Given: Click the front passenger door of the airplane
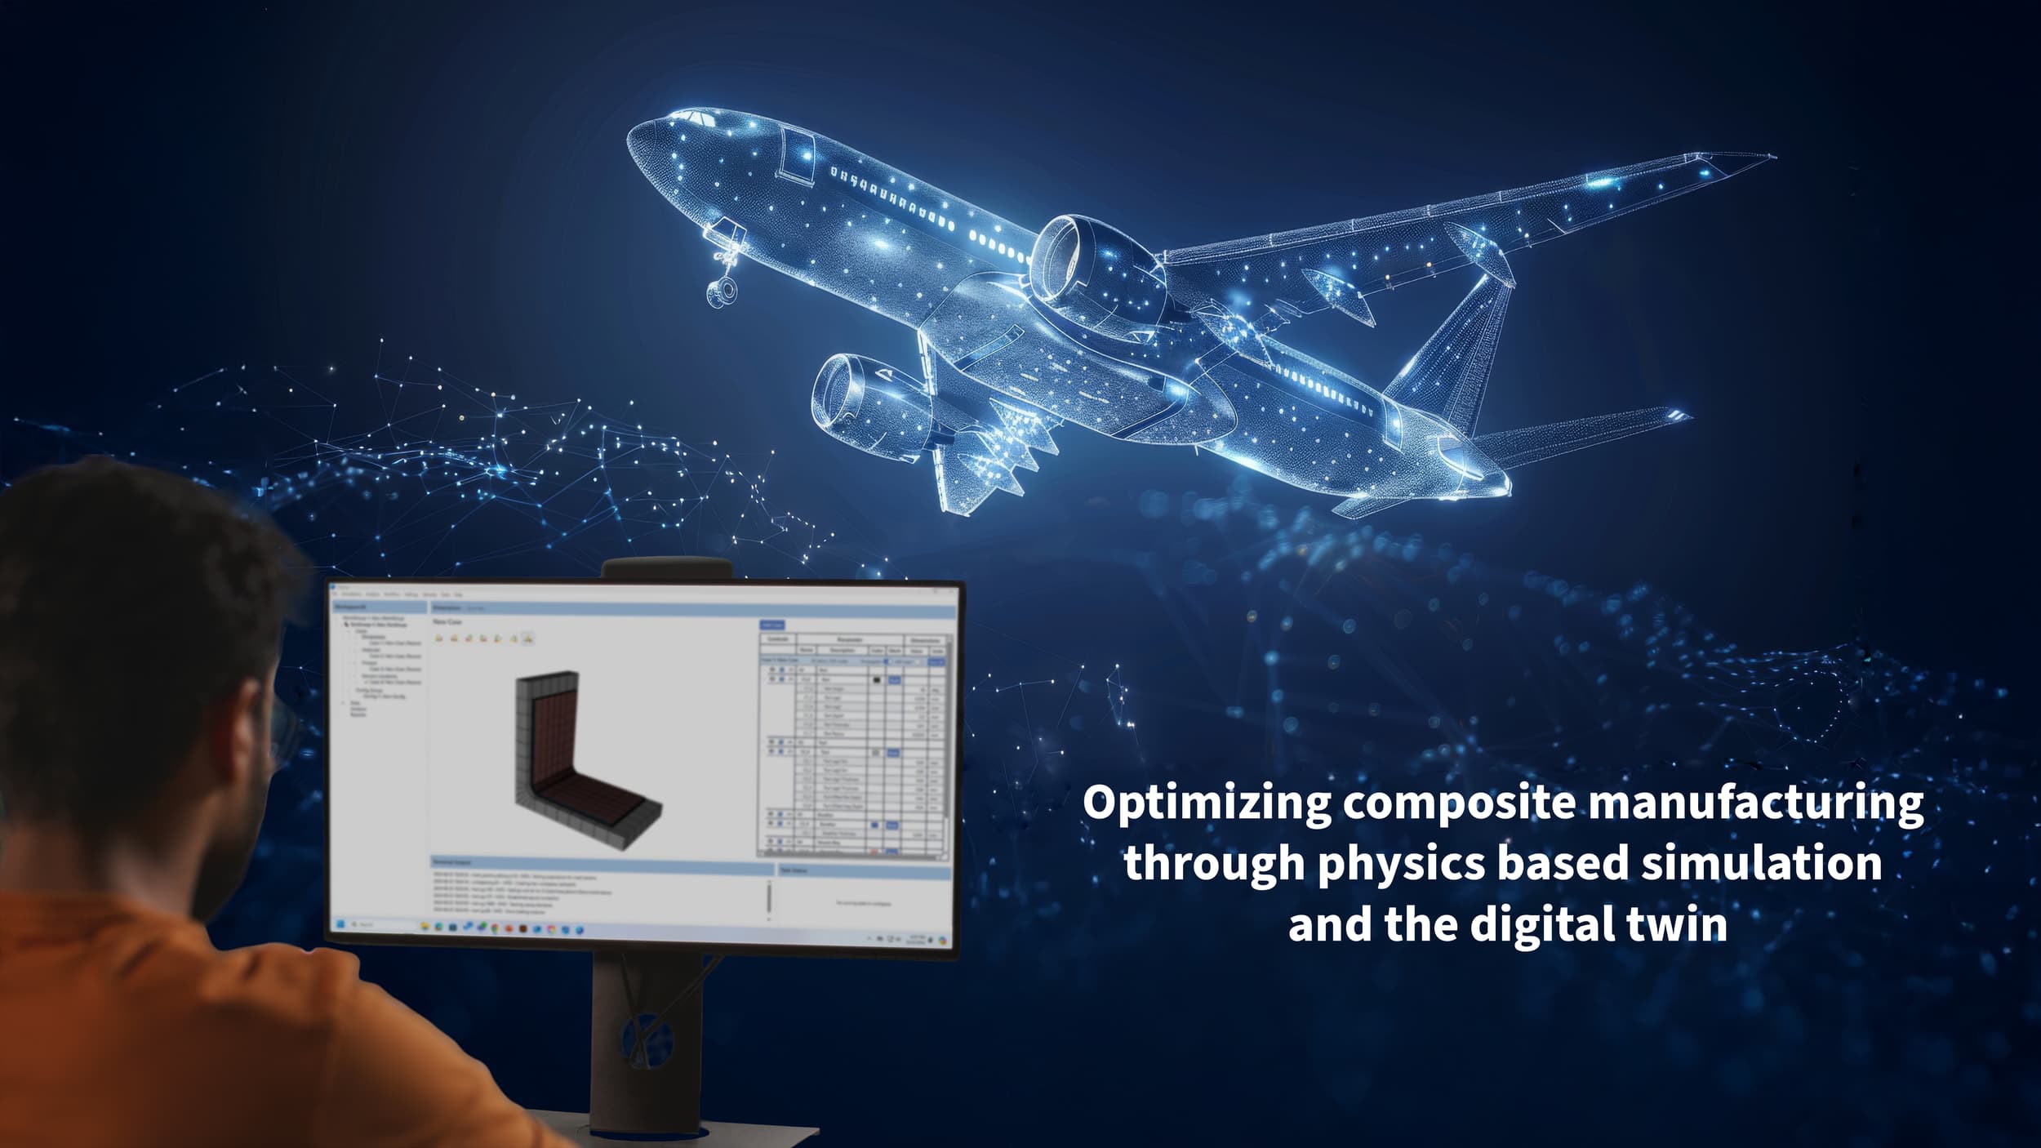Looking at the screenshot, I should tap(793, 153).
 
